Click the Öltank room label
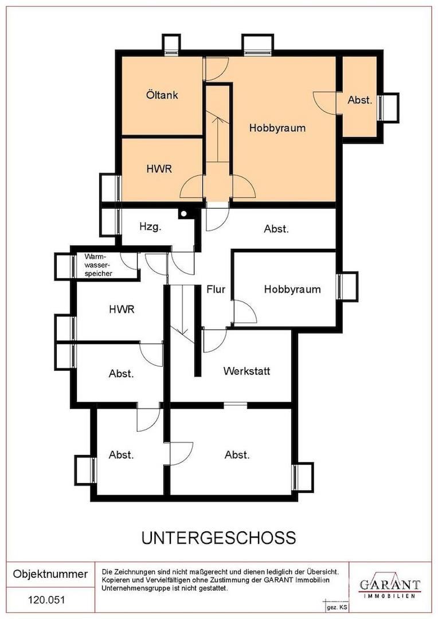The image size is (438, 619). tap(162, 95)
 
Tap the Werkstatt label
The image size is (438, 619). tap(247, 371)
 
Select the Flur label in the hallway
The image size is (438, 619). tap(216, 289)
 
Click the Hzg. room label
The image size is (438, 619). tap(150, 227)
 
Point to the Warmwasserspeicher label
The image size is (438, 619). tap(99, 265)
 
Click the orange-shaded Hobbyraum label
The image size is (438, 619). tap(277, 128)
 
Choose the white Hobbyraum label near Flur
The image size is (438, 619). tap(292, 289)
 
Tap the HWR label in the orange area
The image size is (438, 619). tap(159, 169)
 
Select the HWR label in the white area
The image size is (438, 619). tap(122, 309)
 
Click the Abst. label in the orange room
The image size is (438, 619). tap(360, 100)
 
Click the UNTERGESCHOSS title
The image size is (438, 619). tap(219, 538)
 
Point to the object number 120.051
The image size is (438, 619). tap(46, 600)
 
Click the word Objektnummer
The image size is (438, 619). tap(50, 574)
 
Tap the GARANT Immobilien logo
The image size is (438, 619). tap(389, 587)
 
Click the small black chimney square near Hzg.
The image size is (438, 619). tap(183, 214)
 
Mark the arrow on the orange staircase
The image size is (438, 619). tap(217, 137)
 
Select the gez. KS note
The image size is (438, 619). tap(337, 608)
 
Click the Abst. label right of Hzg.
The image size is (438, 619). tap(276, 229)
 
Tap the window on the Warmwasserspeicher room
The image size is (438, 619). tap(73, 267)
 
